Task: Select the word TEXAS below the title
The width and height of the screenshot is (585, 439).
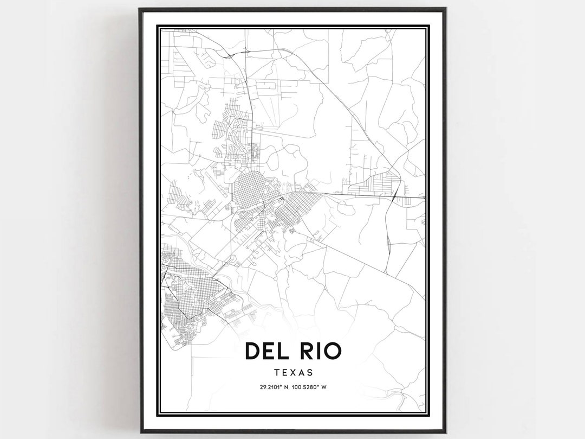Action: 293,373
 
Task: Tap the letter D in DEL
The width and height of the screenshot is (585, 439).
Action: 253,351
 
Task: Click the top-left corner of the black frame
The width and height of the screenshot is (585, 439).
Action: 140,9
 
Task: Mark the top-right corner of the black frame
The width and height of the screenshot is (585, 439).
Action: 445,9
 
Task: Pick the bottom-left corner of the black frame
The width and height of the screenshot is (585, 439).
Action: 140,432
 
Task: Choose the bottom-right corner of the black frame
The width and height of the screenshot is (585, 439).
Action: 445,432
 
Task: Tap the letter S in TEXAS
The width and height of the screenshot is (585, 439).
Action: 310,373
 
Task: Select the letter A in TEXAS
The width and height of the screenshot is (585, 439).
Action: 302,373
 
